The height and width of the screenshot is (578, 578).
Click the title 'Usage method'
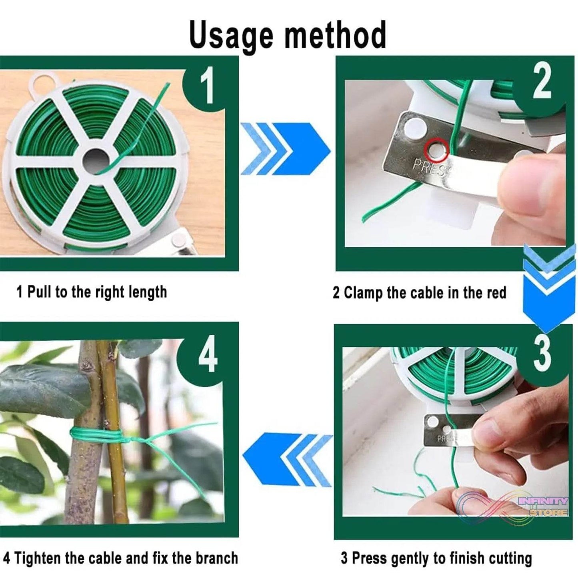pyautogui.click(x=288, y=35)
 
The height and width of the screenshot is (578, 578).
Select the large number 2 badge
pyautogui.click(x=542, y=83)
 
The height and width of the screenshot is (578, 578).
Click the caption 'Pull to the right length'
pyautogui.click(x=92, y=292)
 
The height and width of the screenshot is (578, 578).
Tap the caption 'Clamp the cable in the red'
pyautogui.click(x=419, y=293)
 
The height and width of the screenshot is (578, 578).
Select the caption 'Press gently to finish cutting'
pyautogui.click(x=436, y=558)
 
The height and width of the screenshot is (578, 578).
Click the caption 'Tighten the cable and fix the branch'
pyautogui.click(x=120, y=558)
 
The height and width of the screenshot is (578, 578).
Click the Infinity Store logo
pyautogui.click(x=520, y=506)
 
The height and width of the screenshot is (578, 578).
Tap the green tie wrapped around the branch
pyautogui.click(x=96, y=433)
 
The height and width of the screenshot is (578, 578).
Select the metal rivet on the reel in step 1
pyautogui.click(x=176, y=241)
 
